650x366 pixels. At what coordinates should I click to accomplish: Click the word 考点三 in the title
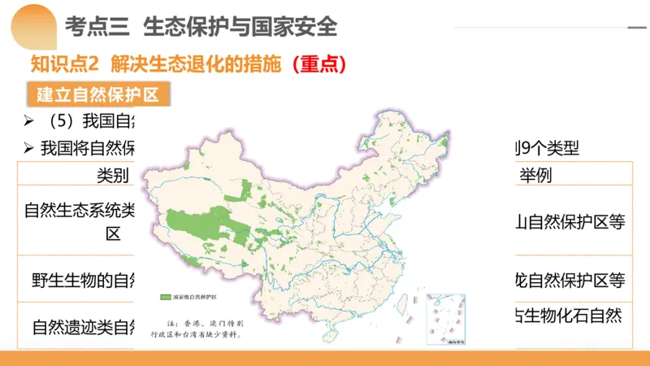point(96,27)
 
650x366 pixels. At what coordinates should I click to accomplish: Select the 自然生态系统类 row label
point(80,211)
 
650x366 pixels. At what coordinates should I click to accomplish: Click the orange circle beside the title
point(31,25)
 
